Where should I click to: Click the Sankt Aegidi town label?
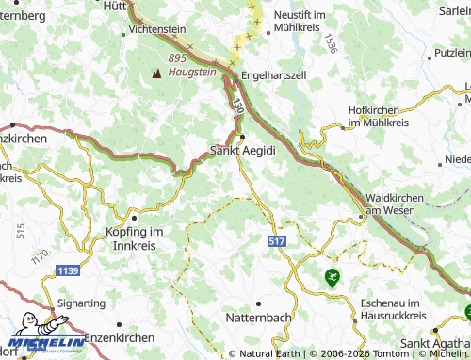click(242, 151)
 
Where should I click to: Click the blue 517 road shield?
click(276, 242)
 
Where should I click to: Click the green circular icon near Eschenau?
click(331, 277)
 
